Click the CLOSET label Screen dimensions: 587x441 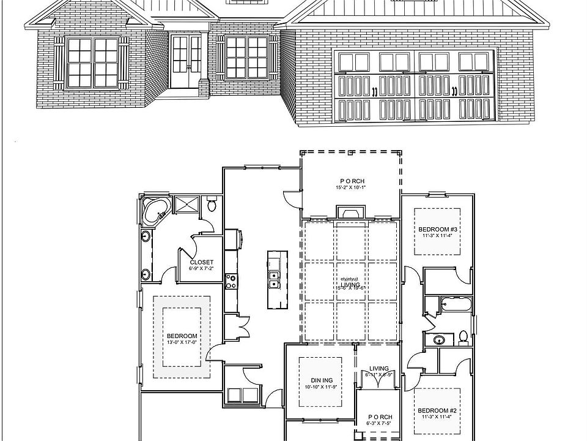201,262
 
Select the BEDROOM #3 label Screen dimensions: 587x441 438,228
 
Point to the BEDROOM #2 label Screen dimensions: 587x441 437,411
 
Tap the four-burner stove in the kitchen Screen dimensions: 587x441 232,281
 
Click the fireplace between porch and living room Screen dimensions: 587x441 350,213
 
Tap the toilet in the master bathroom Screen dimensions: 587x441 212,204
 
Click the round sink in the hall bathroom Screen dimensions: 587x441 439,339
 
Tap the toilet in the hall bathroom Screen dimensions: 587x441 463,337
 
